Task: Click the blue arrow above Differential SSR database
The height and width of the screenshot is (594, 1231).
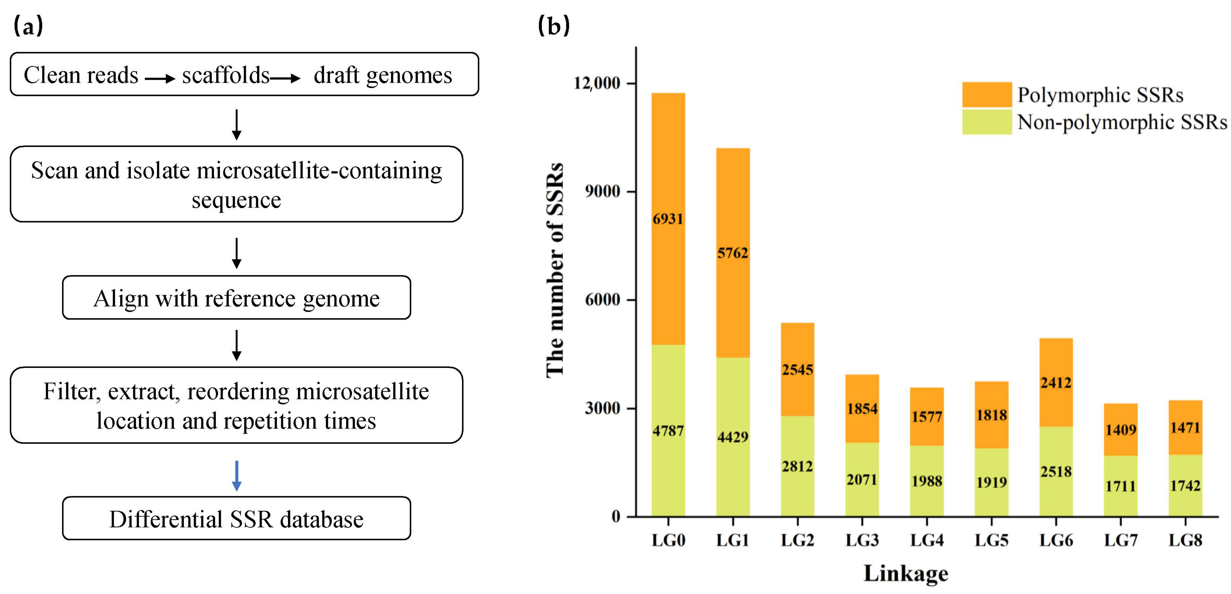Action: [x=236, y=475]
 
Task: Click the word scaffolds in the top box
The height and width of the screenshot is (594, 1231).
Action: [x=226, y=75]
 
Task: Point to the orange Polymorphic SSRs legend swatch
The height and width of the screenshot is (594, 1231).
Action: [x=986, y=94]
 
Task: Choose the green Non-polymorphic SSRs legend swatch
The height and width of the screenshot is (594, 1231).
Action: [x=986, y=122]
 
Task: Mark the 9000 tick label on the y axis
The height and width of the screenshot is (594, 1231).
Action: [x=602, y=191]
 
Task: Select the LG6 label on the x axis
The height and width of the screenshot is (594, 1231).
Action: [x=1056, y=540]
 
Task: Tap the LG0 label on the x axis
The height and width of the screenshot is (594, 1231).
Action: [x=668, y=540]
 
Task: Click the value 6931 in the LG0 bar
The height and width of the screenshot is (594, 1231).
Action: [x=668, y=219]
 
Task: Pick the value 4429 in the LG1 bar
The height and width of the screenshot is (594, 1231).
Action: [x=732, y=437]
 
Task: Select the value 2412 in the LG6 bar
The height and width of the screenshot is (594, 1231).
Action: [x=1056, y=383]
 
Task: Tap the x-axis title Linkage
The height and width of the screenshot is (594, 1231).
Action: [x=905, y=573]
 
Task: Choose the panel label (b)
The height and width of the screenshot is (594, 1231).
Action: [x=554, y=26]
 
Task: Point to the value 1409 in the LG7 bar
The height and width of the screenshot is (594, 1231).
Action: [x=1121, y=429]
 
